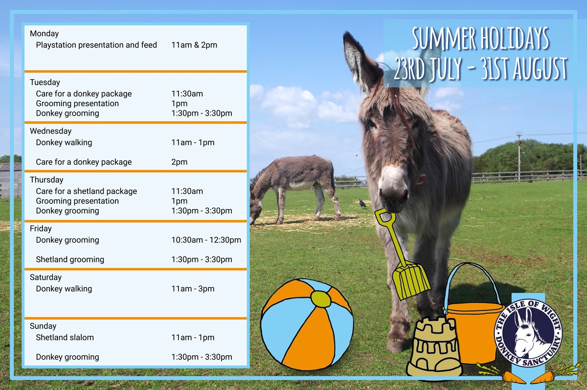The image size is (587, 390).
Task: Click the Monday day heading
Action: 45,34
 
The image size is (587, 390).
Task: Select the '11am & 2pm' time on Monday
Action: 194,45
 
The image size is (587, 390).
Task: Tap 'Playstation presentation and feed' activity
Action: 96,45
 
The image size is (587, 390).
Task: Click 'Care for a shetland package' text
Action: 87,192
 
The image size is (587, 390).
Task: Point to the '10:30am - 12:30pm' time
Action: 206,240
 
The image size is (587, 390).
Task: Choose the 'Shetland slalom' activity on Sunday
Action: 65,337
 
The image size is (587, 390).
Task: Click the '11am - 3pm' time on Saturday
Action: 193,289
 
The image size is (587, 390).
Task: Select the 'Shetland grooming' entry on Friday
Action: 70,260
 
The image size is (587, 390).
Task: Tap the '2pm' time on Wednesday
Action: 180,162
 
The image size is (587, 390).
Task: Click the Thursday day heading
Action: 46,180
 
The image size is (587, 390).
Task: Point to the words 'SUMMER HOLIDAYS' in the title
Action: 480,39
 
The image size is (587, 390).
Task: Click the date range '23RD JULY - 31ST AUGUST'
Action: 480,68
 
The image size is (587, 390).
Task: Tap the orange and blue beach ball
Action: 307,325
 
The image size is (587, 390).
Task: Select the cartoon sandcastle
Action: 434,347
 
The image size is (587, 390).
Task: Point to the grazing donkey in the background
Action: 293,189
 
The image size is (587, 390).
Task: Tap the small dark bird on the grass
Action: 362,203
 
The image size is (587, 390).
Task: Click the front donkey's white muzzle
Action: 394,187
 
